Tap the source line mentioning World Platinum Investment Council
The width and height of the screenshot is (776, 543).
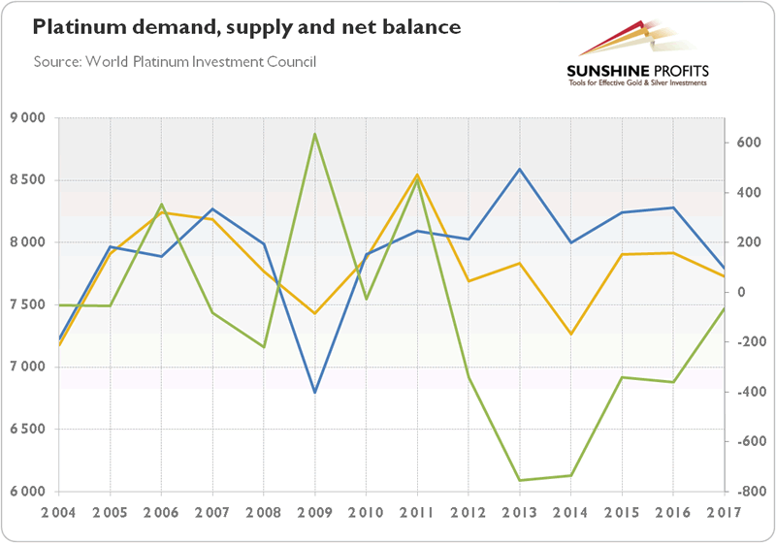(x=175, y=62)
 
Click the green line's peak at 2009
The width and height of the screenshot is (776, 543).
(x=314, y=134)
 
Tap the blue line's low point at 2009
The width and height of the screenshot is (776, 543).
(x=314, y=393)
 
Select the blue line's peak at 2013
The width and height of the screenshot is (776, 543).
(x=520, y=170)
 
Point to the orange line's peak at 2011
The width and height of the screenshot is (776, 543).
(x=417, y=176)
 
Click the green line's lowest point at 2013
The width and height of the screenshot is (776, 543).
(x=520, y=480)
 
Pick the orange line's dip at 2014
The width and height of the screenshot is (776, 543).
(x=571, y=335)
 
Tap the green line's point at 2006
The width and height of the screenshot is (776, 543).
(x=161, y=205)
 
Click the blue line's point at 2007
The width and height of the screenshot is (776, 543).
(x=212, y=209)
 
